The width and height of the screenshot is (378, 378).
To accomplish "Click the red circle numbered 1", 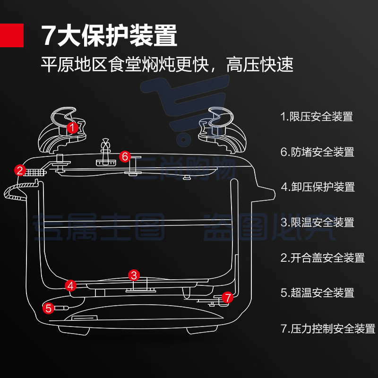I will pyautogui.click(x=72, y=127).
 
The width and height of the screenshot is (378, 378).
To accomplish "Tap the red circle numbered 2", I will pyautogui.click(x=20, y=170).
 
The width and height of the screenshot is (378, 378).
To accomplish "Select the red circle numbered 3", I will pyautogui.click(x=134, y=275).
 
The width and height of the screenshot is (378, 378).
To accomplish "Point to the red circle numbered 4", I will pyautogui.click(x=70, y=285).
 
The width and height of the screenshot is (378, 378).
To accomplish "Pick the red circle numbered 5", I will pyautogui.click(x=48, y=309).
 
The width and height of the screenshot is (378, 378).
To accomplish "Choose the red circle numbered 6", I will pyautogui.click(x=125, y=156).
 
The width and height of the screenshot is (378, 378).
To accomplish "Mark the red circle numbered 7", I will pyautogui.click(x=228, y=298).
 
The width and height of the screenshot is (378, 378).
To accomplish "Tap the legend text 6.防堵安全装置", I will pyautogui.click(x=317, y=152).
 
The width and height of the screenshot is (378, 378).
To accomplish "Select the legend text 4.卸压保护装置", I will pyautogui.click(x=318, y=187).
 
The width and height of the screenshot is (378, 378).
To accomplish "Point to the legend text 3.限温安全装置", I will pyautogui.click(x=317, y=222).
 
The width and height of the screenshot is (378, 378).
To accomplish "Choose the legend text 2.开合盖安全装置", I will pyautogui.click(x=322, y=258).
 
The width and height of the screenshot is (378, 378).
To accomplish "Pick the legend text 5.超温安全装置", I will pyautogui.click(x=317, y=293).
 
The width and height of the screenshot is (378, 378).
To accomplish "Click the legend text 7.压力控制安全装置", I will pyautogui.click(x=327, y=328).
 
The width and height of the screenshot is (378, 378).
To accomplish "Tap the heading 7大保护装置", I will pyautogui.click(x=109, y=35).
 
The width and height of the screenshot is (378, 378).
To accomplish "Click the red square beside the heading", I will pyautogui.click(x=11, y=35).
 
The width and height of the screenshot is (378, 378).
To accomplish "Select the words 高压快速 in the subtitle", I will pyautogui.click(x=260, y=64).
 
